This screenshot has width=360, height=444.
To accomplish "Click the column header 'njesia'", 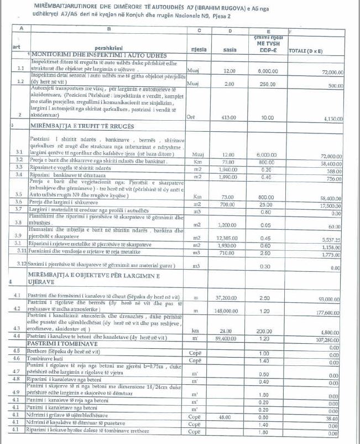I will pyautogui.click(x=199, y=49).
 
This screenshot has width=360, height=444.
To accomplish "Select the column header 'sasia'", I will pyautogui.click(x=229, y=49).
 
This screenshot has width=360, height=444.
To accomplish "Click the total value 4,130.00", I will pyautogui.click(x=332, y=119).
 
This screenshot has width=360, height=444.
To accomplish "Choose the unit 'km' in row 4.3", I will pyautogui.click(x=195, y=330).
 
